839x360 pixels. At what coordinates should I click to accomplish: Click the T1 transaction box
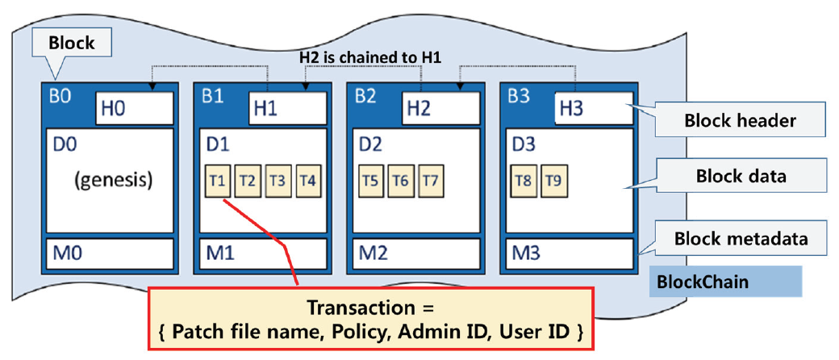point(216,181)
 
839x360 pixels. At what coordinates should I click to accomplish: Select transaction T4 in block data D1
point(308,181)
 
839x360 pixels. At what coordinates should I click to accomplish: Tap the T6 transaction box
point(399,181)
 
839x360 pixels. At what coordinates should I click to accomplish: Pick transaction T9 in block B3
point(553,181)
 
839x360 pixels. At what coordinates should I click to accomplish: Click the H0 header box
point(135,107)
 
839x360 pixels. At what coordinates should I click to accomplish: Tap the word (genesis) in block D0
point(113,180)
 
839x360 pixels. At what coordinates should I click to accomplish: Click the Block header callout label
point(740,121)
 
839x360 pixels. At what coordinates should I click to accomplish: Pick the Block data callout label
point(740,176)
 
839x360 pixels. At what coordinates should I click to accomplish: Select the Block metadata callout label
point(740,239)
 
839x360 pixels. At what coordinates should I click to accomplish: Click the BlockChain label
point(703,282)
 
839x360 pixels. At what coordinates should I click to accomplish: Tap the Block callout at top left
point(72,43)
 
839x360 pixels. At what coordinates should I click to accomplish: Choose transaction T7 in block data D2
point(430,181)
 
